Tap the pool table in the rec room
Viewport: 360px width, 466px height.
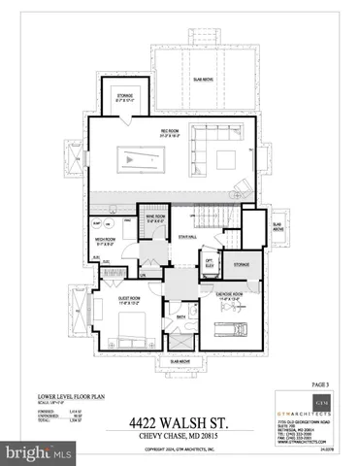(x=136, y=157)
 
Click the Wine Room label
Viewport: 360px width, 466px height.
(x=152, y=217)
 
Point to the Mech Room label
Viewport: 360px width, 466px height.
(x=107, y=241)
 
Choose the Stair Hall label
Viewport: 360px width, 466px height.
(x=187, y=236)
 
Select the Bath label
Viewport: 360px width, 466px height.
(x=180, y=316)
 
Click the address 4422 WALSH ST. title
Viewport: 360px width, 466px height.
(x=180, y=421)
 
